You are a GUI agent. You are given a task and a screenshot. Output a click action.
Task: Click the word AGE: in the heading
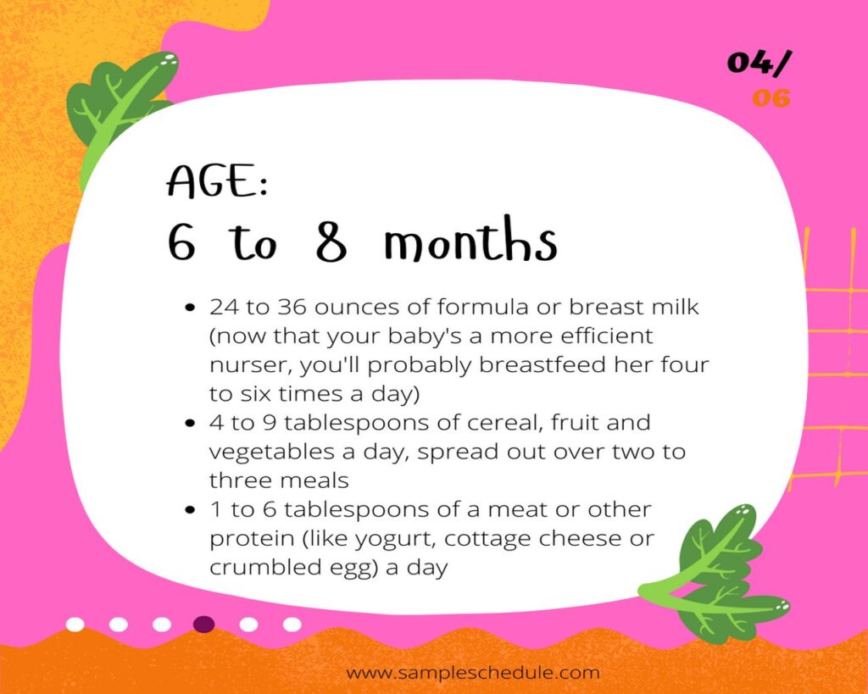(x=218, y=180)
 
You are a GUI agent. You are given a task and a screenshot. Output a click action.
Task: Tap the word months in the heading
(x=470, y=240)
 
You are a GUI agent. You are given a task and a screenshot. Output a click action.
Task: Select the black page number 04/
(x=759, y=62)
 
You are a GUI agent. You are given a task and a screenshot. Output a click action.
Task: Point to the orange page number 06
(x=771, y=98)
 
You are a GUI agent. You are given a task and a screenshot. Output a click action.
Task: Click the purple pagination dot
(x=203, y=625)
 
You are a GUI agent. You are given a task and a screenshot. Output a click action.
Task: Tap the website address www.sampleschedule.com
(x=473, y=673)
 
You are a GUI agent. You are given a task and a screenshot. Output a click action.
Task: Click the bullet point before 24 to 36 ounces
(x=191, y=307)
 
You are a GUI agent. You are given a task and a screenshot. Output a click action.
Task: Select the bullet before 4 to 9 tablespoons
(x=191, y=424)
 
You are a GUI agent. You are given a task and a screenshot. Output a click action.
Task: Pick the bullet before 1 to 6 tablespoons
(x=191, y=510)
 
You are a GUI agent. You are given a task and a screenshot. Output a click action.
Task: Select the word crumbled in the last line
(x=252, y=567)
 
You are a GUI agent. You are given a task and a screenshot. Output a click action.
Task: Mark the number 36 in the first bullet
(x=292, y=307)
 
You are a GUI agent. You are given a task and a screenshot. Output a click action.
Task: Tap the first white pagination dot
(x=75, y=625)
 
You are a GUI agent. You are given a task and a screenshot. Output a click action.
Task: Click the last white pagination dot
(x=292, y=625)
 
